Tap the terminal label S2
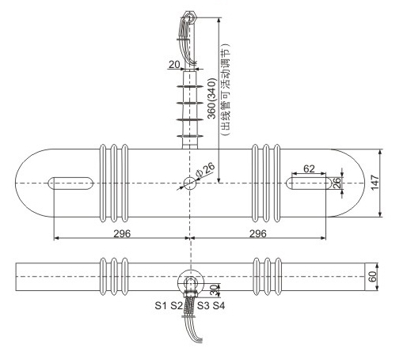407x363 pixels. coord(176,304)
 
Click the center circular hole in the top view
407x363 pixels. coord(190,183)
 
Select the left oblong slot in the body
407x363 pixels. coord(71,183)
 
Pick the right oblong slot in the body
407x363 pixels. coord(309,183)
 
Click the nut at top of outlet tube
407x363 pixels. coord(190,17)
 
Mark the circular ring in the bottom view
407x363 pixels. coord(190,283)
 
